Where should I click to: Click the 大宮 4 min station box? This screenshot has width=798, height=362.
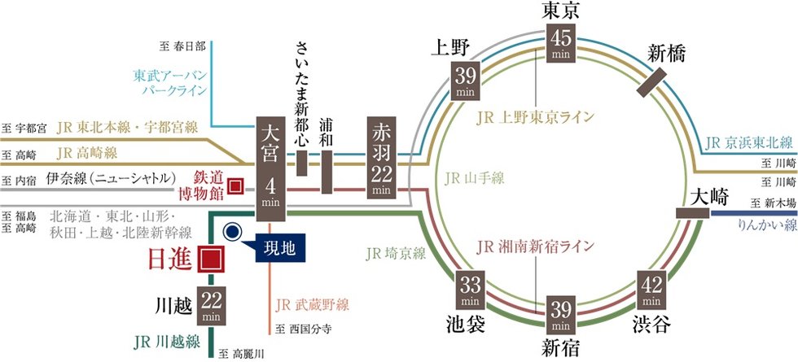tap(270, 169)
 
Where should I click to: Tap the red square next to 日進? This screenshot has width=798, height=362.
tap(212, 259)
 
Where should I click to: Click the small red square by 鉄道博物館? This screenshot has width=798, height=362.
tap(235, 185)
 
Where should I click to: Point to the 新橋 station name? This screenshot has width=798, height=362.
tap(666, 55)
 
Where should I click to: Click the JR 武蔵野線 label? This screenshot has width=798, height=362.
tap(312, 305)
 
